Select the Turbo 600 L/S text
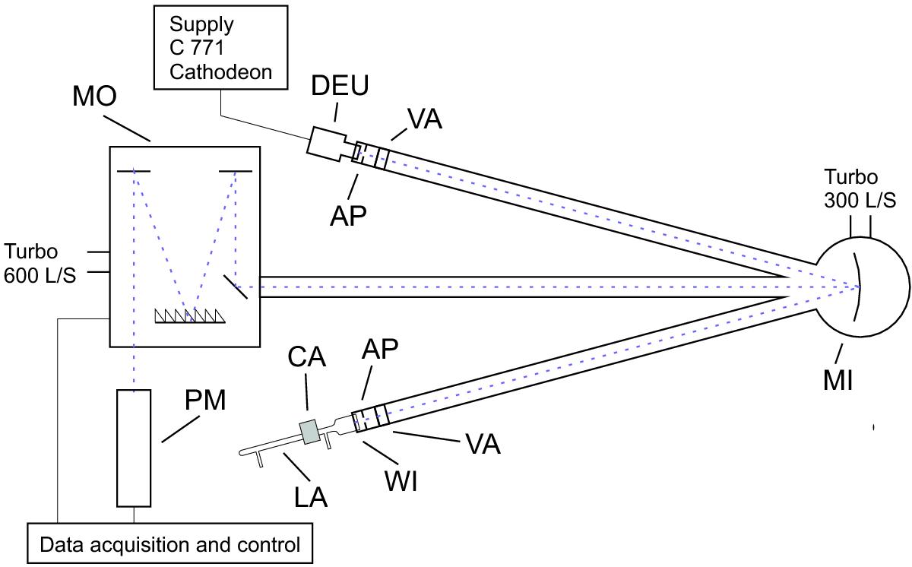pyautogui.click(x=40, y=263)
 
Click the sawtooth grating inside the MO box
pyautogui.click(x=191, y=315)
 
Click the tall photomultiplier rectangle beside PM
pyautogui.click(x=134, y=448)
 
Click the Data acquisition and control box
pyautogui.click(x=169, y=544)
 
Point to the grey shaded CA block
pyautogui.click(x=309, y=432)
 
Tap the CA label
pyautogui.click(x=306, y=357)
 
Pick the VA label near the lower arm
pyautogui.click(x=481, y=444)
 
